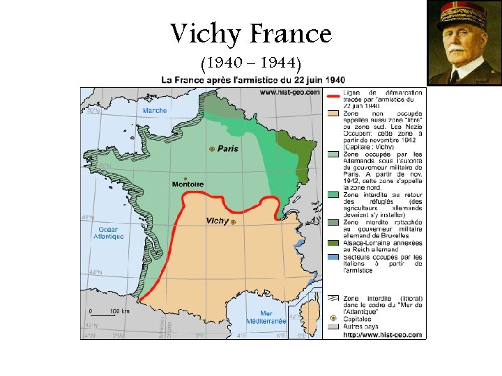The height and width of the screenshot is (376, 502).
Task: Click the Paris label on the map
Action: pyautogui.click(x=227, y=148)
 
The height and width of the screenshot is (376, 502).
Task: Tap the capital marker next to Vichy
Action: pyautogui.click(x=234, y=222)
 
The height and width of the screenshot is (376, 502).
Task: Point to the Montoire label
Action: pyautogui.click(x=188, y=185)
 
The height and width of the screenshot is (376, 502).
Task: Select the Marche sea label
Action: pyautogui.click(x=154, y=110)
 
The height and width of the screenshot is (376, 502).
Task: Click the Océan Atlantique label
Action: pyautogui.click(x=109, y=233)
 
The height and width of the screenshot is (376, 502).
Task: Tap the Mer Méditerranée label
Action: pyautogui.click(x=266, y=318)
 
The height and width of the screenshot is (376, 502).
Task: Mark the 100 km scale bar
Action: pyautogui.click(x=105, y=315)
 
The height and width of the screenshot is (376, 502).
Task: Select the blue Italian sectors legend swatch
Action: pyautogui.click(x=333, y=258)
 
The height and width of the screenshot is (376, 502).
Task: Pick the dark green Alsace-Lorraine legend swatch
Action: pyautogui.click(x=333, y=243)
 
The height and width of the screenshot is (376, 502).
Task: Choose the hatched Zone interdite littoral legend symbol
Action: pyautogui.click(x=333, y=298)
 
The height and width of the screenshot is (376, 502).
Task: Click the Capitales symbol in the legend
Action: pyautogui.click(x=333, y=318)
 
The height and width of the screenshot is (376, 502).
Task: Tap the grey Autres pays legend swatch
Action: pyautogui.click(x=333, y=326)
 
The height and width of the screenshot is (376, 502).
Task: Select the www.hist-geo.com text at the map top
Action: pyautogui.click(x=289, y=91)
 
